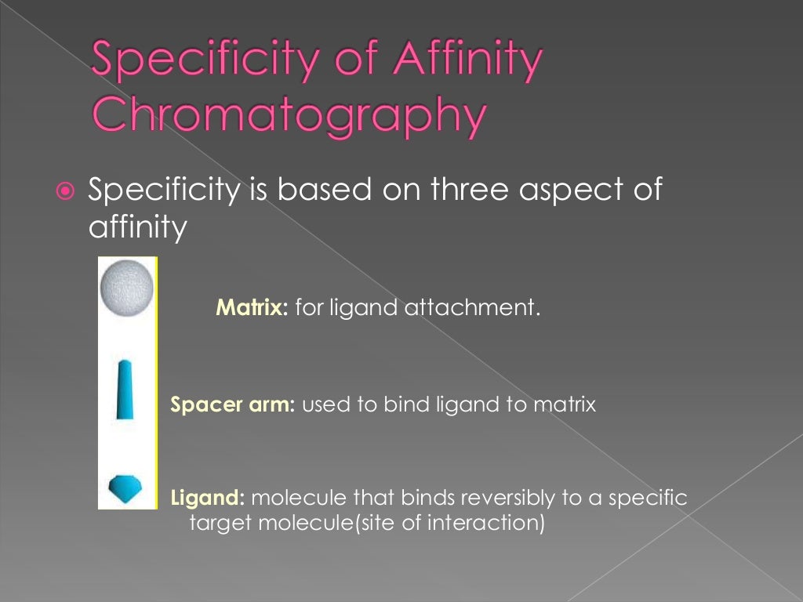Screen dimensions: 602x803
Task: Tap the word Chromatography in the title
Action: [288, 114]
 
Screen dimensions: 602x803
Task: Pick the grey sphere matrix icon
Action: [125, 288]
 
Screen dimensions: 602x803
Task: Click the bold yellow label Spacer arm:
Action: [232, 405]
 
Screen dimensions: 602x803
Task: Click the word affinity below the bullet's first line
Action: [138, 228]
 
